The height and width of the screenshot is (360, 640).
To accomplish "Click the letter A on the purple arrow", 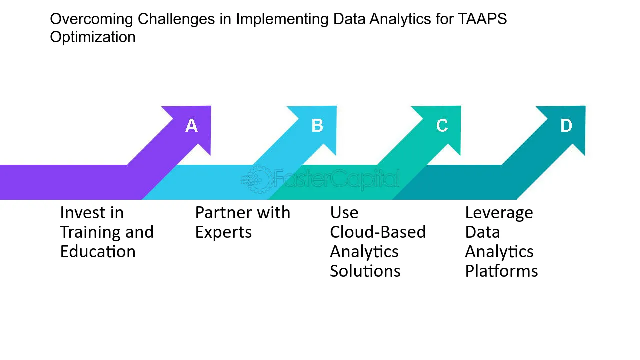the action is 191,125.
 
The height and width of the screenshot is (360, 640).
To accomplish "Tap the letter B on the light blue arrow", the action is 317,125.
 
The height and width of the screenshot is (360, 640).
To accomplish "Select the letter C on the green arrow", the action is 442,125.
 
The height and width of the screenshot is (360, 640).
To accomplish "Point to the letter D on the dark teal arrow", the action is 566,125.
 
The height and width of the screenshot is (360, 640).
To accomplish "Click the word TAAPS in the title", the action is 482,19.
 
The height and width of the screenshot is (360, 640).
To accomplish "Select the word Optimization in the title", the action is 93,37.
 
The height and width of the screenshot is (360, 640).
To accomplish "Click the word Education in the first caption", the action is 98,252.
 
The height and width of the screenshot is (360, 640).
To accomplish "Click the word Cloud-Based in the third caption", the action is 378,232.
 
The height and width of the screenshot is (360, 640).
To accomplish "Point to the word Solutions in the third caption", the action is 365,271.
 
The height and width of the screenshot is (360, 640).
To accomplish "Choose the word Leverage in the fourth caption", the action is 499,213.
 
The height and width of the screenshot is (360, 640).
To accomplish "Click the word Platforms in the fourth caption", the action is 501,271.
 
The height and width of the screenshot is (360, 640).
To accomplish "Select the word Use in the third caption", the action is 344,213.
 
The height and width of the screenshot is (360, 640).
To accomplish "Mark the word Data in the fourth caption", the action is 482,232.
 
